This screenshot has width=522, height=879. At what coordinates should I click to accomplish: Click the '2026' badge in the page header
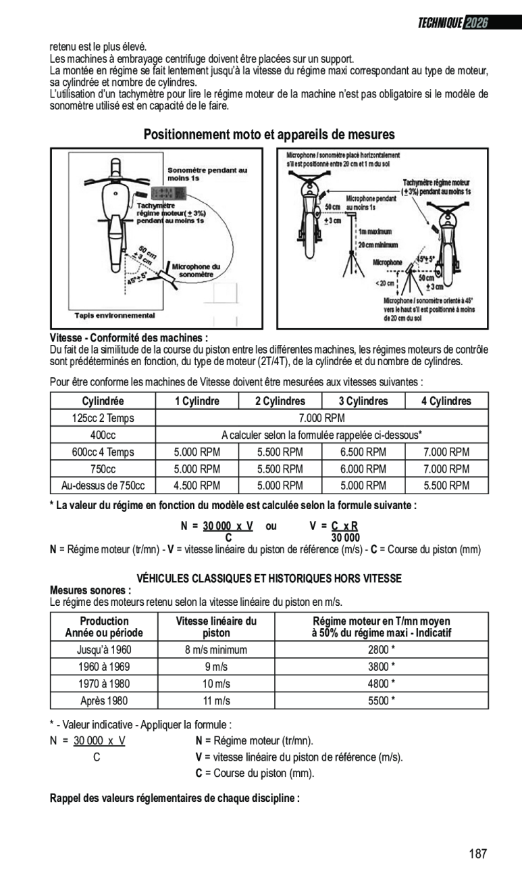476,23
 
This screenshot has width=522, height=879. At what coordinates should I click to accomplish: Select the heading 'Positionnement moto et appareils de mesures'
269,135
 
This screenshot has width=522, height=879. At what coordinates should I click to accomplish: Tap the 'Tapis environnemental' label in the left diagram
114,316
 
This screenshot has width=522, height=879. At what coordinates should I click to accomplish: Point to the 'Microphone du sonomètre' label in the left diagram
197,270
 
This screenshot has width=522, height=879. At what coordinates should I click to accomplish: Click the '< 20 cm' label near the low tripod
386,283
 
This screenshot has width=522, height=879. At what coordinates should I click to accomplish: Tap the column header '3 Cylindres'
363,401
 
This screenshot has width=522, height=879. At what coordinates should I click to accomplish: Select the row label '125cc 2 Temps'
103,418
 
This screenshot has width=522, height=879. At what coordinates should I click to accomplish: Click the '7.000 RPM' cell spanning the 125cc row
321,418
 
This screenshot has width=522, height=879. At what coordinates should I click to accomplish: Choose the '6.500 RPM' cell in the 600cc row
363,452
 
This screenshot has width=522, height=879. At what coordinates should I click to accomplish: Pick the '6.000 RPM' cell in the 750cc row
363,469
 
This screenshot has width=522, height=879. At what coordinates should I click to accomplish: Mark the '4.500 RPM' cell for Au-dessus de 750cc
197,485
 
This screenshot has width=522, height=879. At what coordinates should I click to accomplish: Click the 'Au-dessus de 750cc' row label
103,485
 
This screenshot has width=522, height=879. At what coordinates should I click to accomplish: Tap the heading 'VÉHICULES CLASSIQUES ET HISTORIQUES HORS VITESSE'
269,578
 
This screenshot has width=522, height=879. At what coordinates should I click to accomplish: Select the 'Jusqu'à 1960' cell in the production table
104,650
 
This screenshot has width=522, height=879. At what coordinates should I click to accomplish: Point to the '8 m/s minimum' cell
216,650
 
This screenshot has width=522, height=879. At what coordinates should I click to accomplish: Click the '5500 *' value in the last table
382,700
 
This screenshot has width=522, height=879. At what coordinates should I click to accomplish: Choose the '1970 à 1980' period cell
104,684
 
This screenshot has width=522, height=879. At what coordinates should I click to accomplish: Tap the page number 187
477,853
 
